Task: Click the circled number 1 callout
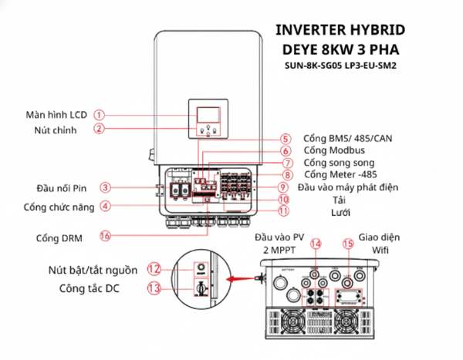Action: (x=100, y=115)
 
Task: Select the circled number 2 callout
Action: (x=100, y=130)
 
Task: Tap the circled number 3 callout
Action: (x=106, y=187)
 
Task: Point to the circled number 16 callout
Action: (x=106, y=236)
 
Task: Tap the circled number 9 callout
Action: (x=283, y=187)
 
